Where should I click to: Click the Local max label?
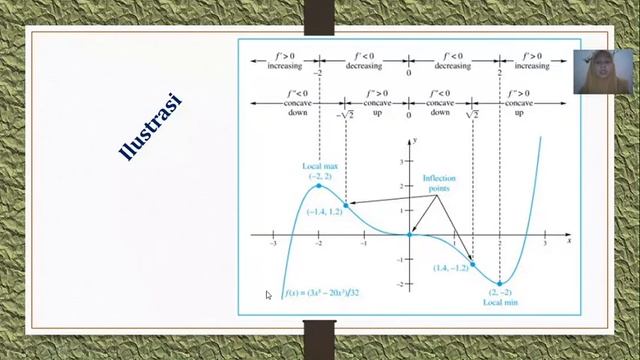(x=319, y=167)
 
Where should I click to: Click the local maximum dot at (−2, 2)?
(x=319, y=186)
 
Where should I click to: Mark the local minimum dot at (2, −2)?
(x=499, y=284)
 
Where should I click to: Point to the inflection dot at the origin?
(x=409, y=235)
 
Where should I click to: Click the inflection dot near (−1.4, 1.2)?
(x=346, y=205)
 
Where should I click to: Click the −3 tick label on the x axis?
(x=273, y=244)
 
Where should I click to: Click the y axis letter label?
(x=414, y=143)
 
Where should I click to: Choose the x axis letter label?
(x=569, y=241)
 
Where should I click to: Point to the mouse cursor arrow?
(x=268, y=295)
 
